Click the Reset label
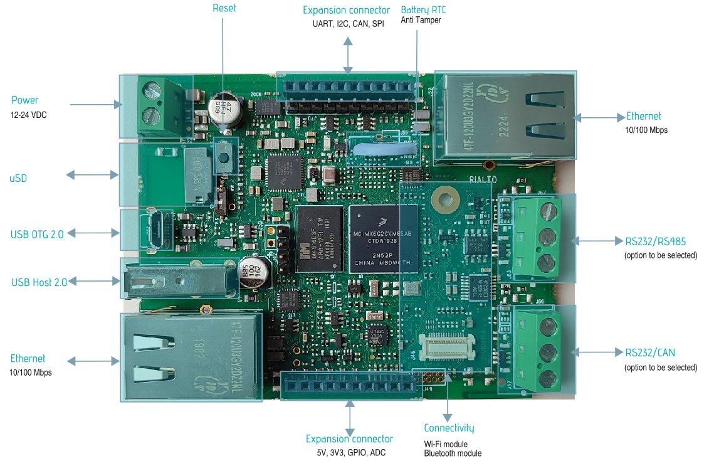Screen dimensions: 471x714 pyautogui.click(x=224, y=8)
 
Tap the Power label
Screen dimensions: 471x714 pyautogui.click(x=25, y=100)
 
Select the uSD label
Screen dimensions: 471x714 pyautogui.click(x=18, y=179)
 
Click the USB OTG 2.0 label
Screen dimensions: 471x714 pyautogui.click(x=37, y=235)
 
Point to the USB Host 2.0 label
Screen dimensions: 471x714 pyautogui.click(x=39, y=282)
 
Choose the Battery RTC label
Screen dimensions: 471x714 pyautogui.click(x=423, y=10)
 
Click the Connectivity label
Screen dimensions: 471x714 pyautogui.click(x=449, y=428)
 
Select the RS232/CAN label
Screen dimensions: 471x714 pyautogui.click(x=650, y=352)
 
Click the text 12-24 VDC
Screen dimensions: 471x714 pyautogui.click(x=28, y=115)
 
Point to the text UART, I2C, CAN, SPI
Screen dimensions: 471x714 pyautogui.click(x=348, y=24)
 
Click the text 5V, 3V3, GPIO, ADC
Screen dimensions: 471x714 pyautogui.click(x=349, y=453)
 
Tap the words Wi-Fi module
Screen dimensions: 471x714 pyautogui.click(x=446, y=444)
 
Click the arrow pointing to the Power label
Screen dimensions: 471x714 pyautogui.click(x=95, y=104)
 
